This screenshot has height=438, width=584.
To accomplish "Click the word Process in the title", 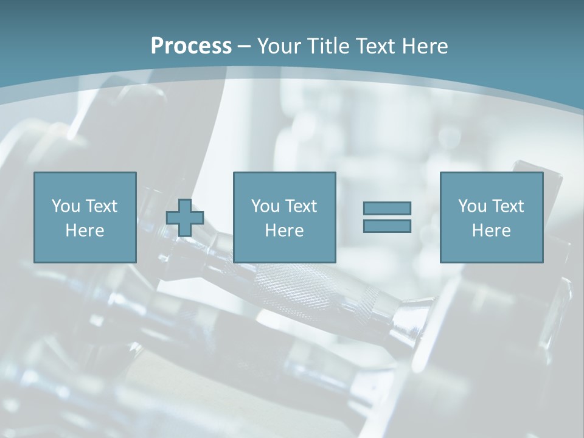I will tap(191, 46).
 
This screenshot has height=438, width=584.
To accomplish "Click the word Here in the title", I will tap(425, 46).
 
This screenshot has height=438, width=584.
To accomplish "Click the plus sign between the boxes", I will tap(185, 217).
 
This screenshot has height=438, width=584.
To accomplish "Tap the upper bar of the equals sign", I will tap(387, 208).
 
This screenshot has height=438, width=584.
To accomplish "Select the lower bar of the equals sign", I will tap(387, 226).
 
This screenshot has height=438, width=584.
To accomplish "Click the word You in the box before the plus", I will tap(66, 206).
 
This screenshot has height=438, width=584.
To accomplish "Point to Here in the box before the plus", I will tap(85, 231).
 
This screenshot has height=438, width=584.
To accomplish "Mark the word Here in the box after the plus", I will tap(284, 231).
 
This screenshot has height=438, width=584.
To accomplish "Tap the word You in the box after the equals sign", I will tap(472, 206).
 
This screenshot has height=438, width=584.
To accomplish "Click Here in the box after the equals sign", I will tap(491, 231).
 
